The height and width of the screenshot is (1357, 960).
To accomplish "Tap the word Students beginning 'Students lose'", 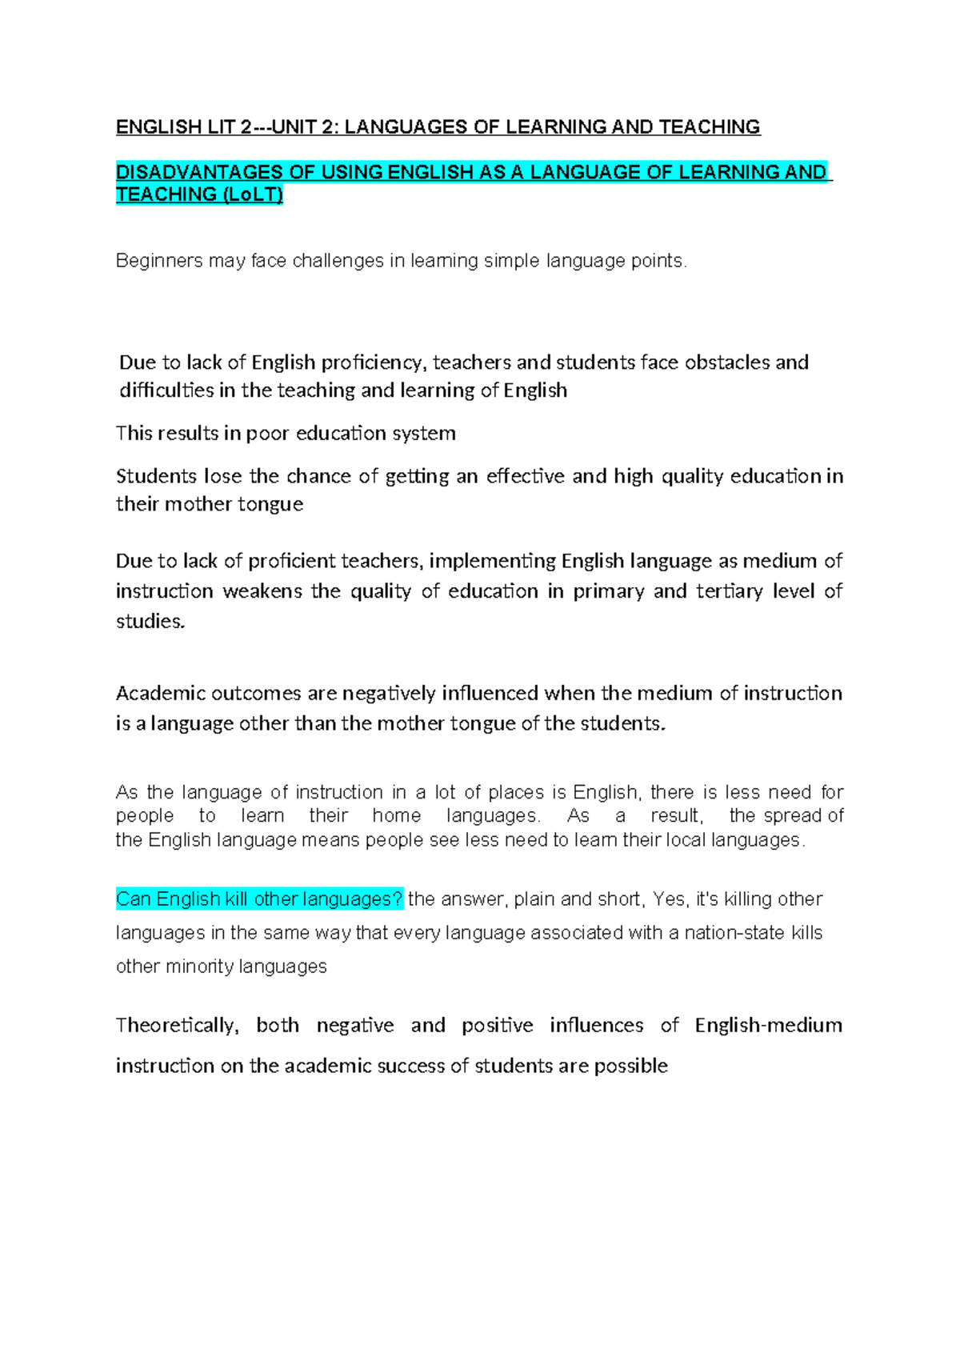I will (156, 476).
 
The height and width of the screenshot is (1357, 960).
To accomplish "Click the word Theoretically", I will (177, 1026).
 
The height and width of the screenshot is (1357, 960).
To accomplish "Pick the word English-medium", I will (768, 1026).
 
